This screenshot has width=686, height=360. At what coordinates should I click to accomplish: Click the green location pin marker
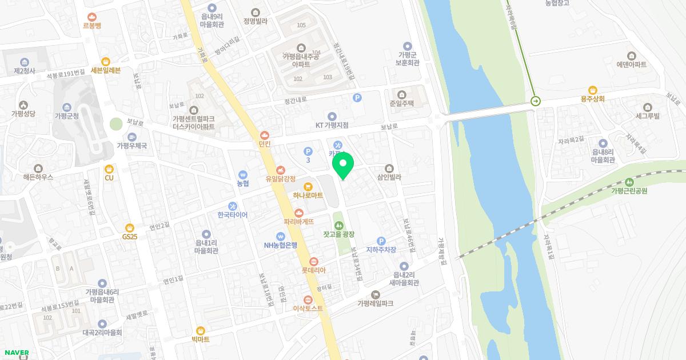[x=343, y=166]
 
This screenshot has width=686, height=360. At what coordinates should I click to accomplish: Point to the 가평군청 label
[x=66, y=116]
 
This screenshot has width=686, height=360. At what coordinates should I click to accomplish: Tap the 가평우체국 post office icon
[x=132, y=137]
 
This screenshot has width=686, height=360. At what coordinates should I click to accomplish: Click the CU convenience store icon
[x=109, y=169]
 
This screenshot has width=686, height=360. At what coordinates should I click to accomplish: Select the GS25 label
[x=130, y=237]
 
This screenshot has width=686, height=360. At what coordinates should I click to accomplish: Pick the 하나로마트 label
[x=308, y=195]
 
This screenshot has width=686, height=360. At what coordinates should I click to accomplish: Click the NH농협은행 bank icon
[x=280, y=236]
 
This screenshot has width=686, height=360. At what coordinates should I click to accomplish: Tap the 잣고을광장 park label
[x=338, y=234]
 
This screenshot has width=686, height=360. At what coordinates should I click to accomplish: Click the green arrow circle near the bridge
[x=536, y=101]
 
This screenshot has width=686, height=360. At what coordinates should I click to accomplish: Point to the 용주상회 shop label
[x=592, y=98]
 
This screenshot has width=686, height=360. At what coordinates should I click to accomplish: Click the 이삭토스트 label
[x=308, y=309]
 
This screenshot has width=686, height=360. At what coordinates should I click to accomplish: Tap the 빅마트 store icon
[x=201, y=330]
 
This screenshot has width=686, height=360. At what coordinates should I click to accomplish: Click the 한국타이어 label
[x=232, y=215]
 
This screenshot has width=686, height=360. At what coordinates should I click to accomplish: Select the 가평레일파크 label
[x=375, y=303]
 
